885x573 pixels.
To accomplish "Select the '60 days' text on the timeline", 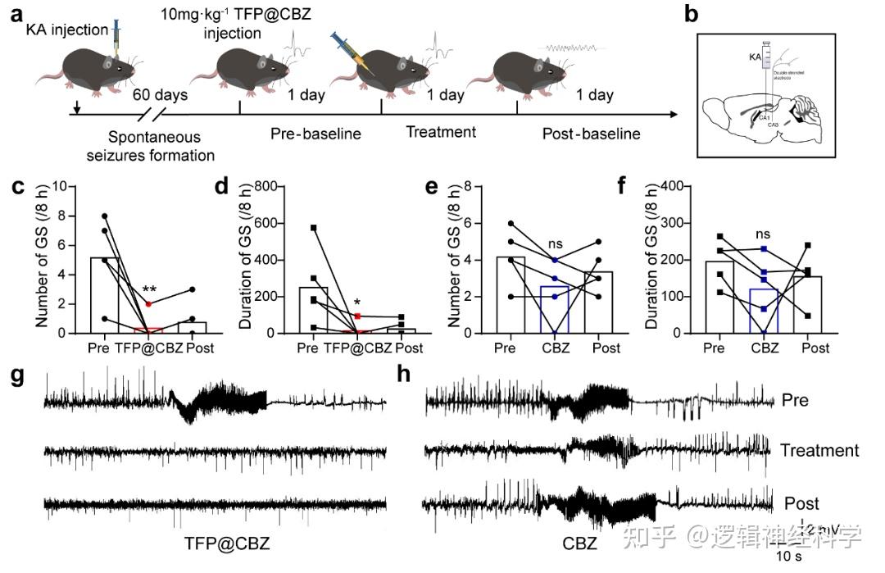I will point(161,94).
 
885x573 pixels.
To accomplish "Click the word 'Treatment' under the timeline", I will point(442,131).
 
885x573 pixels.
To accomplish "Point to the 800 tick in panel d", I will point(274,186).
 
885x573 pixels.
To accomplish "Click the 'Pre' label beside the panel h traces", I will point(795,401).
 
